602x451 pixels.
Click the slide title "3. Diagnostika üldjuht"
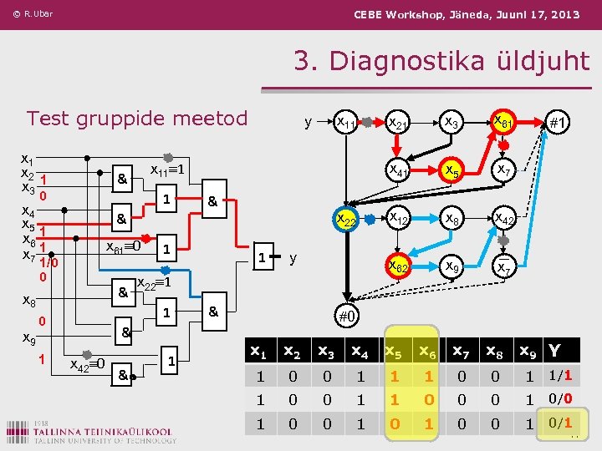441,60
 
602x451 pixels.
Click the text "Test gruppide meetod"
137,118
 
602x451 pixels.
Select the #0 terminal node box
348,317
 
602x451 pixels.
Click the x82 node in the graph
398,267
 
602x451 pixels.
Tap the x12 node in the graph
398,219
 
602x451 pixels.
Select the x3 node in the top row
451,122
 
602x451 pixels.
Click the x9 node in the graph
451,267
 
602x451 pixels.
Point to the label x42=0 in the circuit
87,363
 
